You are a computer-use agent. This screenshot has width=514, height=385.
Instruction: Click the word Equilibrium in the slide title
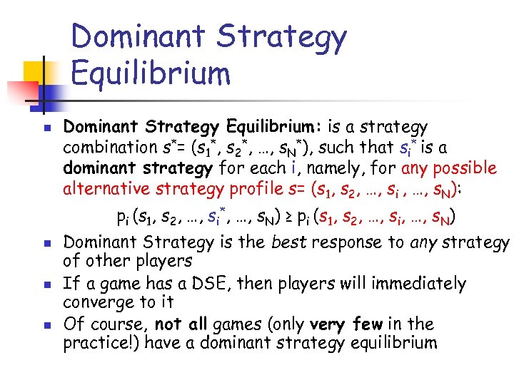pos(151,73)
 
